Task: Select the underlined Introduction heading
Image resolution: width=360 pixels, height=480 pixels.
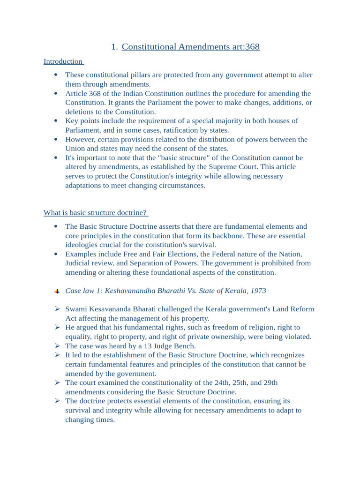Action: [x=63, y=61]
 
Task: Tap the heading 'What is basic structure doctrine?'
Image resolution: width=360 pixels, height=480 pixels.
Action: [x=95, y=213]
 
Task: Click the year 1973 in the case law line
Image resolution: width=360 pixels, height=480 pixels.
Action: [x=258, y=291]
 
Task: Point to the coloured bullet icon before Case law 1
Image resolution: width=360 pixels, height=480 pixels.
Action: [x=57, y=291]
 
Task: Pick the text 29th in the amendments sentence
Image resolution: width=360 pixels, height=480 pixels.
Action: [x=270, y=382]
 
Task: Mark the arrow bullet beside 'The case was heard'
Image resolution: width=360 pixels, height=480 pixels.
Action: [x=57, y=346]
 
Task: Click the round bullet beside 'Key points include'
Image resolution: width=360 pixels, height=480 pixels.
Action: [x=56, y=121]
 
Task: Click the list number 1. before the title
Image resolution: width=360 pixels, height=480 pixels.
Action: [x=114, y=47]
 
